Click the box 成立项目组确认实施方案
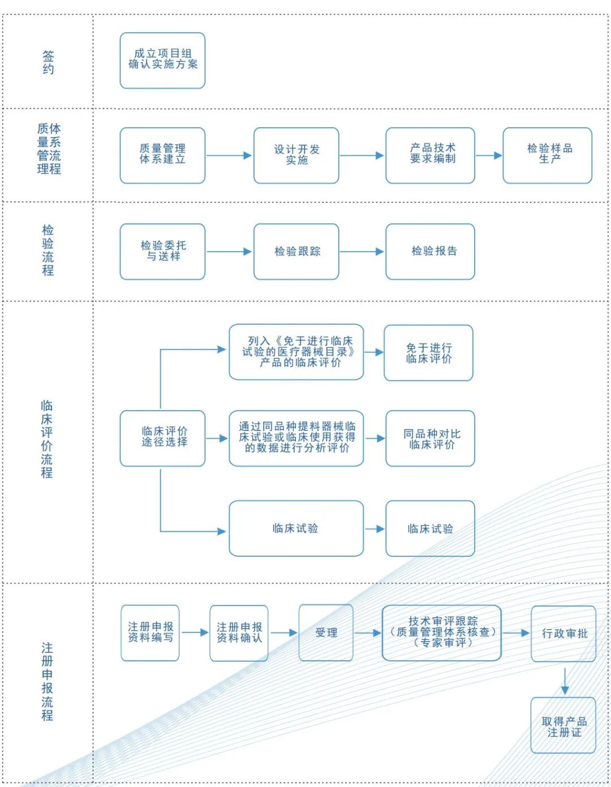pyautogui.click(x=162, y=60)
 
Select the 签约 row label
pyautogui.click(x=48, y=62)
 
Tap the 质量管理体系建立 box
pyautogui.click(x=162, y=155)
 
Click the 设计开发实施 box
pyautogui.click(x=296, y=155)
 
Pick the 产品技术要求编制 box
pyautogui.click(x=430, y=155)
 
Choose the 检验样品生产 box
pyautogui.click(x=547, y=155)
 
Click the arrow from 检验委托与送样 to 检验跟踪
pyautogui.click(x=229, y=251)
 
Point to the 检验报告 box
pyautogui.click(x=430, y=251)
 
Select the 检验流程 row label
pyautogui.click(x=48, y=250)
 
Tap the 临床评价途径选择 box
pyautogui.click(x=162, y=438)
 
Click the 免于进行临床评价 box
pyautogui.click(x=428, y=352)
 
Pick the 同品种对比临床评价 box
pyautogui.click(x=430, y=438)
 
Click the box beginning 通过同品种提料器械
pyautogui.click(x=296, y=438)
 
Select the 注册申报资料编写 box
pyautogui.click(x=150, y=633)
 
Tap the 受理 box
pyautogui.click(x=326, y=633)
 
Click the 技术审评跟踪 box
pyautogui.click(x=442, y=633)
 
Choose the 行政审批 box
pyautogui.click(x=563, y=633)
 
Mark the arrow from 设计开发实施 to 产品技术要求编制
pyautogui.click(x=362, y=155)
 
